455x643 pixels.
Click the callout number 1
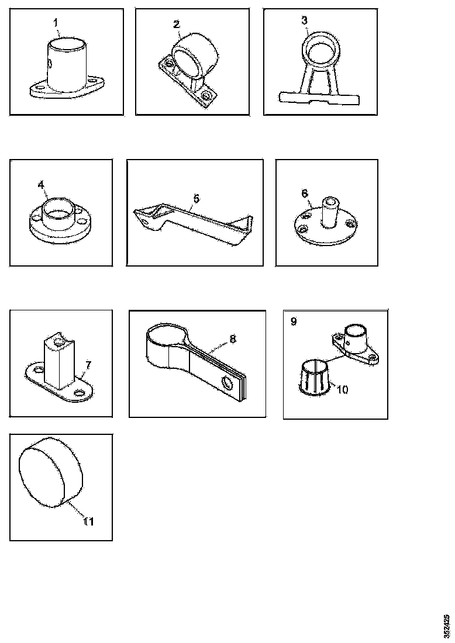click(56, 23)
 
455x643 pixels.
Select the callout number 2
click(177, 24)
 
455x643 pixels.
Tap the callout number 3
click(305, 20)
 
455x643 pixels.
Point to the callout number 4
click(41, 185)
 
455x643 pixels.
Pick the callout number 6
click(305, 193)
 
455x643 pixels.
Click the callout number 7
click(88, 365)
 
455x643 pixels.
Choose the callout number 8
click(233, 338)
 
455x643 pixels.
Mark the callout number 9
click(294, 321)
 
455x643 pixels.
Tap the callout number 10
click(342, 389)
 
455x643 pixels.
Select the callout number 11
click(89, 521)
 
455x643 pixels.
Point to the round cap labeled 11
click(51, 472)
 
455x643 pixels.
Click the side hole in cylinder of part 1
click(49, 64)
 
